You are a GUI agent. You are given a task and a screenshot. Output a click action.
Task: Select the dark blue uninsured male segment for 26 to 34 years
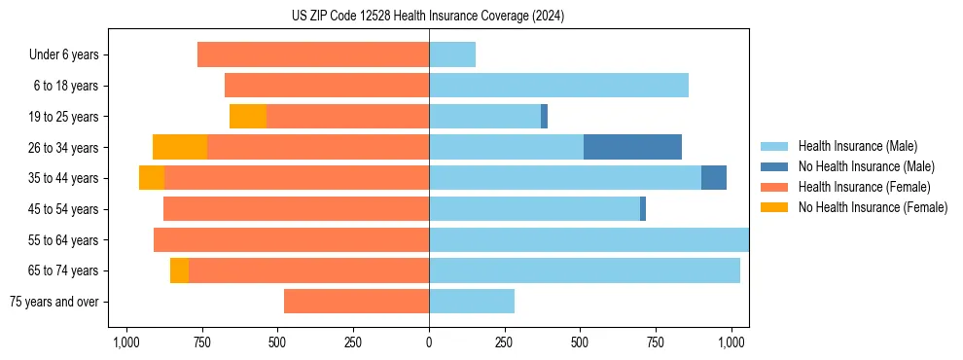632,147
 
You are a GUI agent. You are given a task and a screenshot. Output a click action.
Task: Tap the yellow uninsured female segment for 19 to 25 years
248,117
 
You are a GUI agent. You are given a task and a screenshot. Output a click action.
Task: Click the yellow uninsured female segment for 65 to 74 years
179,270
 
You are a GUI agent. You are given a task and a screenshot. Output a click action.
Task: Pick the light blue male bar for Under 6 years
452,54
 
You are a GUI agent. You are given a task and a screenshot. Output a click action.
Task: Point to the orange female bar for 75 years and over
356,302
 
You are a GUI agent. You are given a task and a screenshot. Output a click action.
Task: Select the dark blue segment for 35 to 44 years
714,178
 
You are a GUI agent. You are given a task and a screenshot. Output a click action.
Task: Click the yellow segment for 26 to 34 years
180,147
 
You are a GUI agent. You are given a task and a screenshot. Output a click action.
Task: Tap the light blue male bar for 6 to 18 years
558,86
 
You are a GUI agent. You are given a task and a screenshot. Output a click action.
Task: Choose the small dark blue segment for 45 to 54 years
643,209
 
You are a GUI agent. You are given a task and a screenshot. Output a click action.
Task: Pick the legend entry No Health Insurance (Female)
872,207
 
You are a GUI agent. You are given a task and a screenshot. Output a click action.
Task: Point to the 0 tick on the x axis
429,342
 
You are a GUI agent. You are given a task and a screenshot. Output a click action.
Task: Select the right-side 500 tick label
580,342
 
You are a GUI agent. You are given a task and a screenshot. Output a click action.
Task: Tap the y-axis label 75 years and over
59,302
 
